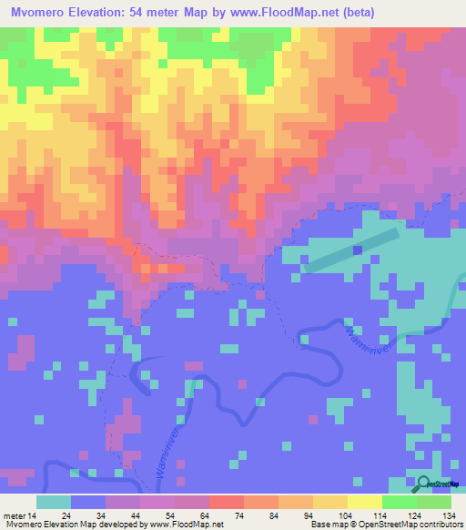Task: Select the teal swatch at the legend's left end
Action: [x=53, y=502]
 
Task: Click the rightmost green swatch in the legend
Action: [x=434, y=502]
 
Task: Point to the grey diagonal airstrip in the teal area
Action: [x=351, y=249]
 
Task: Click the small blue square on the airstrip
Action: [x=358, y=248]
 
